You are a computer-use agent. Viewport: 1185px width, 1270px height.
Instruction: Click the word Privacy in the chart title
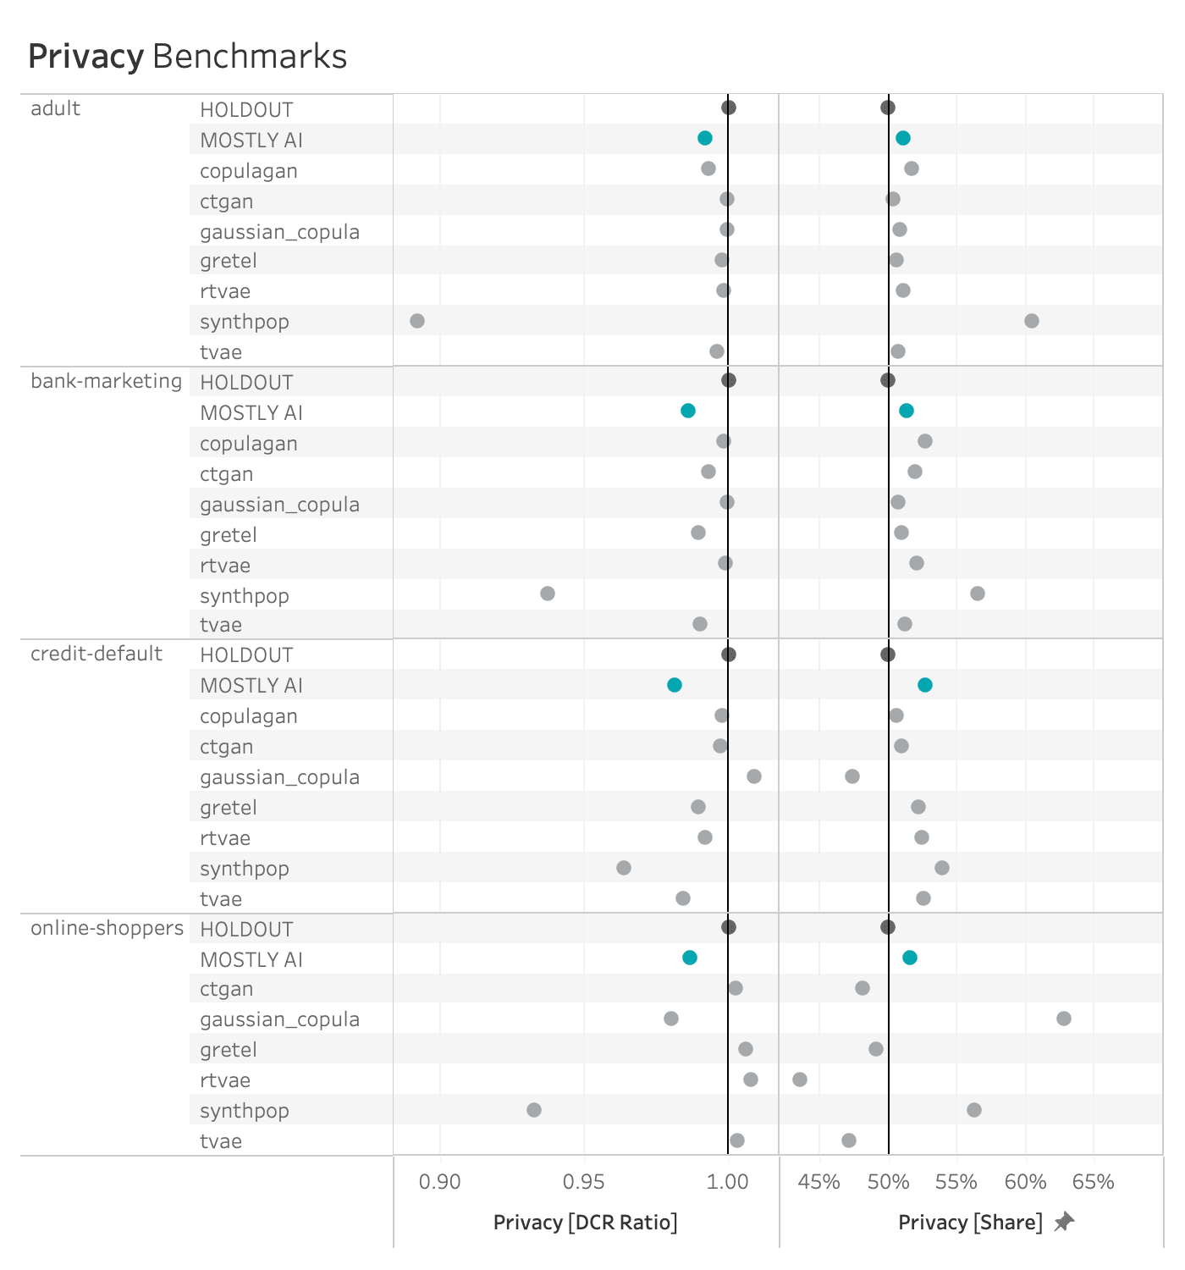(x=85, y=57)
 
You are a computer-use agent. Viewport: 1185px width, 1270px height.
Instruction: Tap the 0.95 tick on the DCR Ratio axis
(x=584, y=1181)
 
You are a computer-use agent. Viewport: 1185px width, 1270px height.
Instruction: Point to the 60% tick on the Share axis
(x=1026, y=1181)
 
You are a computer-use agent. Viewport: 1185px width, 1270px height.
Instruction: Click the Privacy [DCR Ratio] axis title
(x=585, y=1223)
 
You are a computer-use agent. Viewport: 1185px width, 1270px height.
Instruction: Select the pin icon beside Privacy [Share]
(x=1064, y=1222)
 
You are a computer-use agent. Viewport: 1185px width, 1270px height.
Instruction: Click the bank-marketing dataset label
(x=106, y=381)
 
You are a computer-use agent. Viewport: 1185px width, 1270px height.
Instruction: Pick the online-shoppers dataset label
(x=107, y=928)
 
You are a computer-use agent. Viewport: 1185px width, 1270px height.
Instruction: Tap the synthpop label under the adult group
(x=245, y=322)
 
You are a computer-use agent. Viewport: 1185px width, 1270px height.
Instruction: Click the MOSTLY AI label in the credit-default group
(x=251, y=686)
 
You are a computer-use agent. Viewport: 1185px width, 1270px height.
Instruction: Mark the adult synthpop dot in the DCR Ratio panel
(x=417, y=321)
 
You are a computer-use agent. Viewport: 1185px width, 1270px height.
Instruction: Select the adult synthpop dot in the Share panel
(x=1032, y=321)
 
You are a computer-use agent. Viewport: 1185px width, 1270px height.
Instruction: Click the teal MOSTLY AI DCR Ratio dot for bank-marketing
(x=688, y=411)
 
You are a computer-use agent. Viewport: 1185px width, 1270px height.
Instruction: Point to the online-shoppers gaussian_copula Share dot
(x=1064, y=1019)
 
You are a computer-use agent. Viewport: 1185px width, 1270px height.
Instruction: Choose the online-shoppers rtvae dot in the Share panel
(x=800, y=1079)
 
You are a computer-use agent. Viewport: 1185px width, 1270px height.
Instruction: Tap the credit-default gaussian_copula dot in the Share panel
(x=852, y=776)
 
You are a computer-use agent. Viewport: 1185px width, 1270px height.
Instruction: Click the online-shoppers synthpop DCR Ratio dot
(x=534, y=1110)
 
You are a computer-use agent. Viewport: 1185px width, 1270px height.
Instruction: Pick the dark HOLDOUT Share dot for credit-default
(x=888, y=654)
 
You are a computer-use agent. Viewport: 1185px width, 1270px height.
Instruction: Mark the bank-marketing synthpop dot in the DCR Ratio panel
(x=548, y=594)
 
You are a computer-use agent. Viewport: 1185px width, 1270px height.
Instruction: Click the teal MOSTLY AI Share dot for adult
(x=903, y=138)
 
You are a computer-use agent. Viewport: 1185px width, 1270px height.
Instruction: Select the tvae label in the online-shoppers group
(x=221, y=1141)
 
